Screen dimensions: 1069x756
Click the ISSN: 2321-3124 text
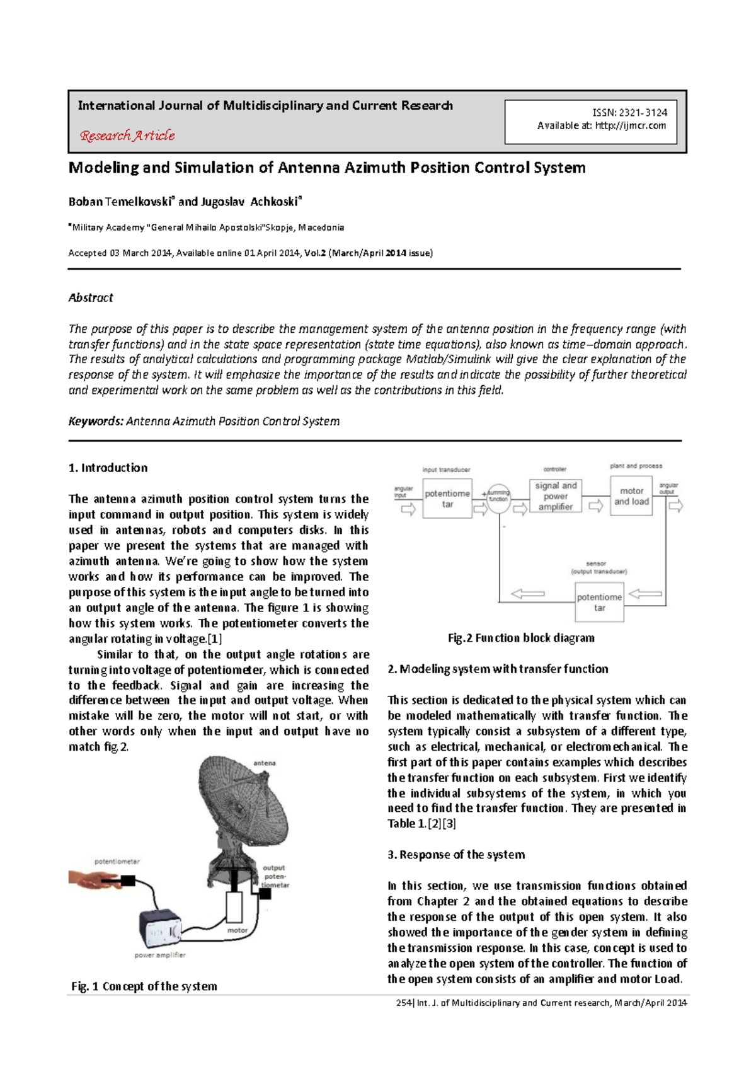pyautogui.click(x=629, y=113)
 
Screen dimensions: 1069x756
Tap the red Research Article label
pyautogui.click(x=127, y=136)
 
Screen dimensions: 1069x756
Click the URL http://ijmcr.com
pyautogui.click(x=630, y=126)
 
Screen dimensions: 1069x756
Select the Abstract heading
pyautogui.click(x=91, y=298)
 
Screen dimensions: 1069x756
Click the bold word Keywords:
pyautogui.click(x=96, y=421)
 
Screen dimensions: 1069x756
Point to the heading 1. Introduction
pyautogui.click(x=108, y=468)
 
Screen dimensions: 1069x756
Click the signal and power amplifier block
pyautogui.click(x=555, y=496)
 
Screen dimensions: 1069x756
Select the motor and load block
pyautogui.click(x=631, y=496)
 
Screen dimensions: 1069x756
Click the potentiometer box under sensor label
pyautogui.click(x=599, y=602)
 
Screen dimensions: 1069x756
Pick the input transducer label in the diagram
pyautogui.click(x=446, y=470)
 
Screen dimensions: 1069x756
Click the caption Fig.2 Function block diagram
pyautogui.click(x=521, y=638)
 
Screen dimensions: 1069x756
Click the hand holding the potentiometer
pyautogui.click(x=94, y=879)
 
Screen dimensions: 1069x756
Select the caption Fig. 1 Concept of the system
pyautogui.click(x=144, y=986)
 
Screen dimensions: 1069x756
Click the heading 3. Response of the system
pyautogui.click(x=456, y=855)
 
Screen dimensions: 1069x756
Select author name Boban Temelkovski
pyautogui.click(x=120, y=202)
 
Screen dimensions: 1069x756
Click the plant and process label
pyautogui.click(x=636, y=466)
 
